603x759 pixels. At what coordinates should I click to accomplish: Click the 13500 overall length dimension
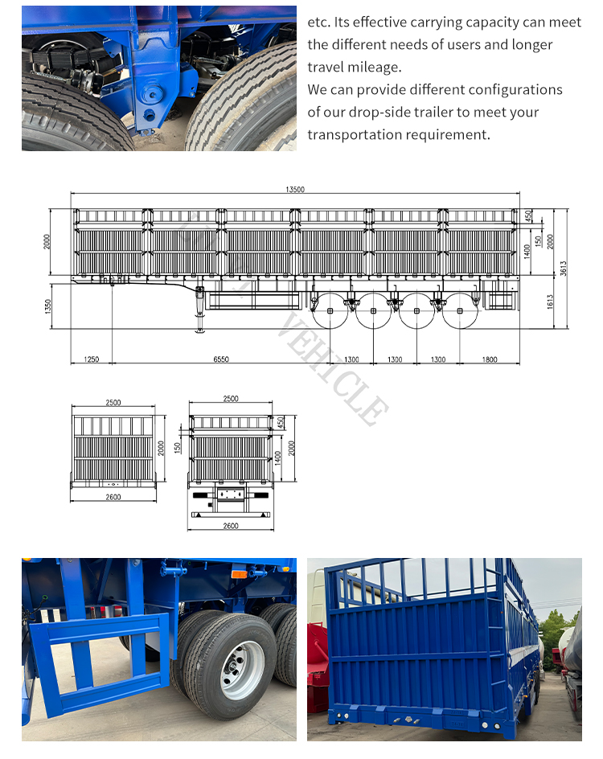294,190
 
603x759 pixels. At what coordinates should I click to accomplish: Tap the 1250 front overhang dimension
91,359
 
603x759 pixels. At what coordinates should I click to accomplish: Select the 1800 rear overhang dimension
490,359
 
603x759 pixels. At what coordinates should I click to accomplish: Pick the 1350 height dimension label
48,306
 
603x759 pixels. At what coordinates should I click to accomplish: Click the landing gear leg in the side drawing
198,310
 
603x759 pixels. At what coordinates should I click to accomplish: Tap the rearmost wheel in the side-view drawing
459,310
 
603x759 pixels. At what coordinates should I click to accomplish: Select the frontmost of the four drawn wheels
330,310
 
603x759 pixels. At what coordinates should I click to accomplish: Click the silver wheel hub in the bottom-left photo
242,669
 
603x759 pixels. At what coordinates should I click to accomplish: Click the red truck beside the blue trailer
318,643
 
